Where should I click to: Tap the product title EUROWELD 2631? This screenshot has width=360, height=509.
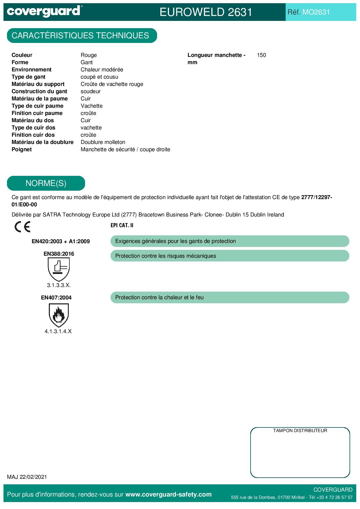[206, 12]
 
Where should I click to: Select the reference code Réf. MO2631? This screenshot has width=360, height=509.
[309, 12]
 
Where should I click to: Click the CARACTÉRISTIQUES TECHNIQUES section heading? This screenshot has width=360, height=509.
[80, 36]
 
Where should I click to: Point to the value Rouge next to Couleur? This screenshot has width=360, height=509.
[89, 55]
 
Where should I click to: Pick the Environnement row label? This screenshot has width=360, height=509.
[31, 70]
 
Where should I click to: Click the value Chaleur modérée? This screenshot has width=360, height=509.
[102, 70]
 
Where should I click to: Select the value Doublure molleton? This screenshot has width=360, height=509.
[103, 142]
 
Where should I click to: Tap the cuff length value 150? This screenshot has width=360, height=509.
[261, 55]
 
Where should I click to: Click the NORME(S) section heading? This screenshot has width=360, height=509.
[46, 183]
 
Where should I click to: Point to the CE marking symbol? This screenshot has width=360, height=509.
[22, 227]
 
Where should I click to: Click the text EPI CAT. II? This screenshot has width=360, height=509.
[122, 225]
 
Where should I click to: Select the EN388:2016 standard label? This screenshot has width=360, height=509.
[59, 254]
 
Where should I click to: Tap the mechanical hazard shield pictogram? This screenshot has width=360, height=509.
[59, 269]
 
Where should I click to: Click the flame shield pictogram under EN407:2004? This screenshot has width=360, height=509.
[59, 315]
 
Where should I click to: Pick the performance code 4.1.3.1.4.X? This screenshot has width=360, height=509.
[58, 331]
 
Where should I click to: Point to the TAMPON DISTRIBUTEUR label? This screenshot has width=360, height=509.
[300, 431]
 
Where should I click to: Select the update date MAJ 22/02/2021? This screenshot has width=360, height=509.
[27, 477]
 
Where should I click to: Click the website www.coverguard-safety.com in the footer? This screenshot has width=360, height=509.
[168, 494]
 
